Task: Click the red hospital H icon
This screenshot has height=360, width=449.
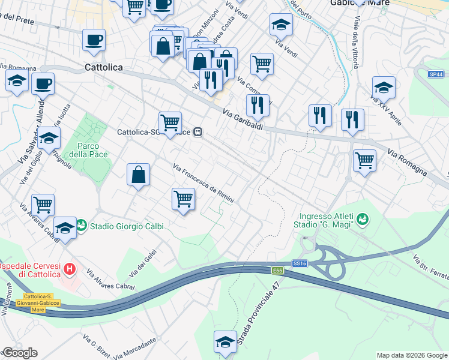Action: (x=70, y=268)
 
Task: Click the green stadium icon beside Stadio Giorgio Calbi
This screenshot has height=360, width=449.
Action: (x=82, y=226)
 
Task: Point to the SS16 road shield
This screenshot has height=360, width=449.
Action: (x=300, y=263)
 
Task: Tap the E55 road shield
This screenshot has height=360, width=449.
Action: (x=277, y=271)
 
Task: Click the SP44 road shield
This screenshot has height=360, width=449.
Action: (x=436, y=74)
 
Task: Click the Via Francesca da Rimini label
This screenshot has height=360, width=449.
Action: (x=203, y=183)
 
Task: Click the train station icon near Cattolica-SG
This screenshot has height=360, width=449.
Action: (x=197, y=133)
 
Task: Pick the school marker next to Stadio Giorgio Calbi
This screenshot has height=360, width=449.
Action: (x=65, y=228)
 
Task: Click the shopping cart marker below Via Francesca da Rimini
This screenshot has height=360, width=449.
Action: (x=183, y=199)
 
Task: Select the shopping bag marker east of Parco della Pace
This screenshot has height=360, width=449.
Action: (x=138, y=175)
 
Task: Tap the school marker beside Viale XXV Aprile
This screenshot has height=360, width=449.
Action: (x=384, y=88)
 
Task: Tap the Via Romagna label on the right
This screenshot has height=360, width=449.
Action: (x=408, y=162)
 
